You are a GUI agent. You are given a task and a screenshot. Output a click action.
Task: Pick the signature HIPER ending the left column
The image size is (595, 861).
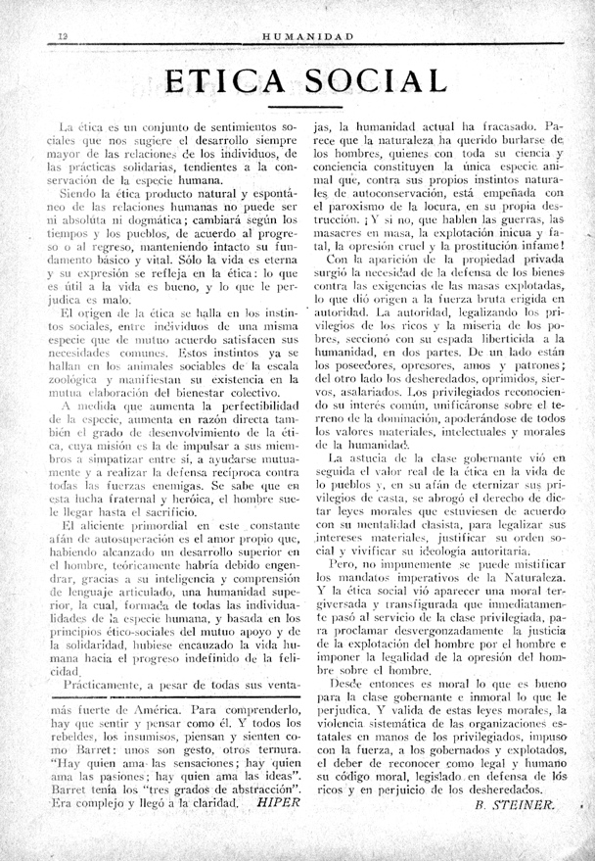(x=278, y=798)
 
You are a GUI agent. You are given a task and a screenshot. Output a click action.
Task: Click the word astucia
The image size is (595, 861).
(x=370, y=456)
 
